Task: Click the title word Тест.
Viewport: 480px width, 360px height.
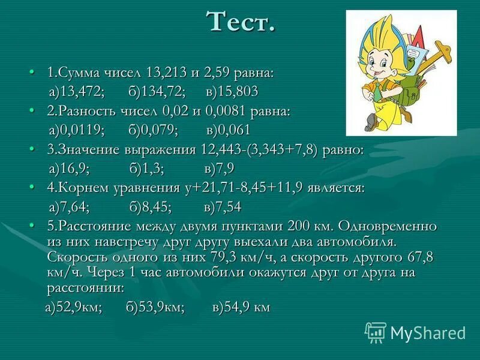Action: click(241, 22)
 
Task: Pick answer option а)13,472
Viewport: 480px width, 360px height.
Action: click(77, 92)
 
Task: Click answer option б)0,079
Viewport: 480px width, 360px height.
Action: click(154, 130)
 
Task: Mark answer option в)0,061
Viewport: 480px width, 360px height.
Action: click(228, 130)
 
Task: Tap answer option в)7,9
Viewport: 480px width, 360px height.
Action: click(218, 169)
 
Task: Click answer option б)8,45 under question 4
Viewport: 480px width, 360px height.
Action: click(149, 207)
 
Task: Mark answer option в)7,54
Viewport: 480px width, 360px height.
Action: click(223, 207)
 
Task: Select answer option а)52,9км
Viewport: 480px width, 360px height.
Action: click(74, 308)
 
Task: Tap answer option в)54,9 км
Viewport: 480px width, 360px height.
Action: click(241, 308)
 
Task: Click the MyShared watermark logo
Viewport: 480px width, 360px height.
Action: click(415, 332)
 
